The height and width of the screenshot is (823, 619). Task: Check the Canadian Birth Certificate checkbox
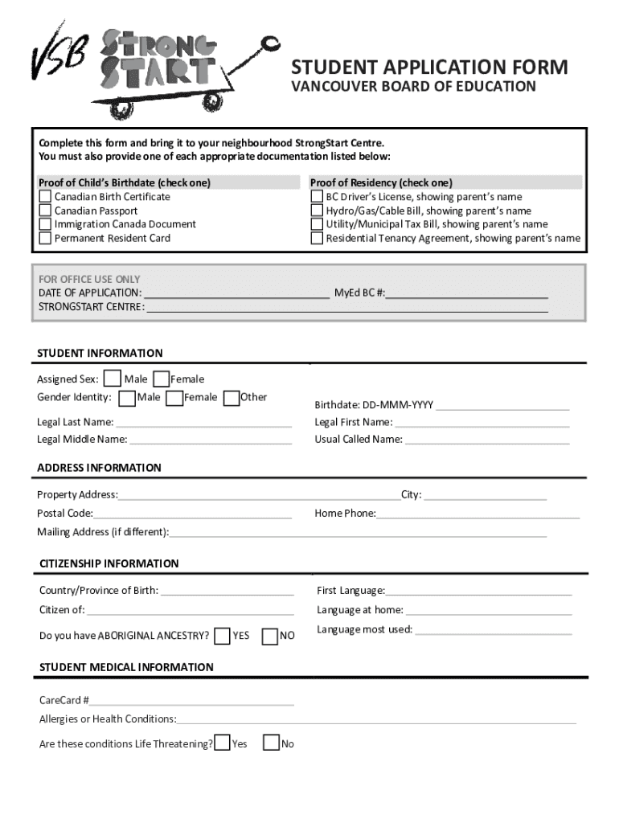click(46, 197)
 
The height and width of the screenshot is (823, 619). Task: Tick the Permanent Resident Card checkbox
click(46, 238)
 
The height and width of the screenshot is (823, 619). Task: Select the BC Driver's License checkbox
click(318, 197)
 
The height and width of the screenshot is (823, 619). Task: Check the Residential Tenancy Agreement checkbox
click(318, 238)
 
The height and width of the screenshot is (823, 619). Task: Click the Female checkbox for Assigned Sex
click(162, 379)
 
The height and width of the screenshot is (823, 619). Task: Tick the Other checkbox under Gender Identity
click(232, 397)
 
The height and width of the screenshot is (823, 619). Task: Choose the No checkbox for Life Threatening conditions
click(272, 743)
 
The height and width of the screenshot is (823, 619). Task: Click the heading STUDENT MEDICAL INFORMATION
click(126, 667)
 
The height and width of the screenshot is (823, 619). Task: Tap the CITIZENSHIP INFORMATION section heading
click(109, 563)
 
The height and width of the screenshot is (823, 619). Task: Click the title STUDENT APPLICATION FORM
click(428, 68)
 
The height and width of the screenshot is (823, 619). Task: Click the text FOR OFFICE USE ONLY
click(89, 279)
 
